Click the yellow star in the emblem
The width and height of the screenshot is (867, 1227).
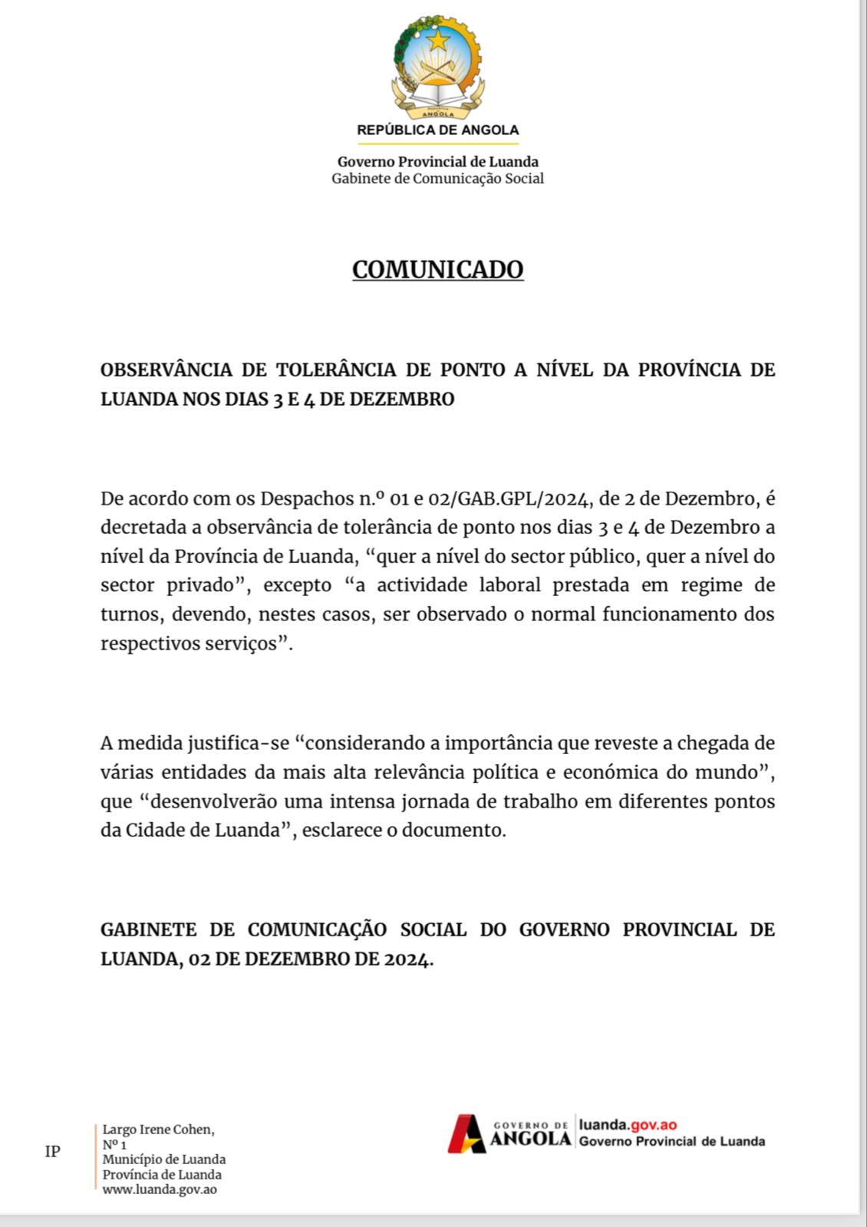(x=437, y=40)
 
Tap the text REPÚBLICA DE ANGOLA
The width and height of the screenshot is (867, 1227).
(x=437, y=130)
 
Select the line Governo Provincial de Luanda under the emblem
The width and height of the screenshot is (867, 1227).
(x=437, y=162)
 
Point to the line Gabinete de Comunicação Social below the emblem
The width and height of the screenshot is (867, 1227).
(x=437, y=179)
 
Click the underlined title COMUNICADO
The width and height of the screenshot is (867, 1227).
(x=437, y=270)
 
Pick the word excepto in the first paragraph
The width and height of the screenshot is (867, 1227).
(x=297, y=585)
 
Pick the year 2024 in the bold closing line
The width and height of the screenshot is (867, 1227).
(x=407, y=959)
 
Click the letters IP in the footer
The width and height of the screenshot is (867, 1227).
(x=52, y=1151)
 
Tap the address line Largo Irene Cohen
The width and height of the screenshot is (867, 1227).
(x=158, y=1130)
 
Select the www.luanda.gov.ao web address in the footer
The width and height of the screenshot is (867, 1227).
(x=160, y=1189)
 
